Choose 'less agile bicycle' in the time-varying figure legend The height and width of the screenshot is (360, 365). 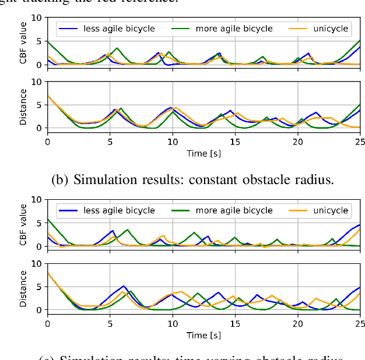120,210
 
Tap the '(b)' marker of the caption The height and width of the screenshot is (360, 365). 61,179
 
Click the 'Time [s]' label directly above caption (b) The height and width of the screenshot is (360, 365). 203,154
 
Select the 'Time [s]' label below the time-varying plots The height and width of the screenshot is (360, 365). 203,336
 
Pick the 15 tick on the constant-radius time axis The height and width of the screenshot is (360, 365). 235,142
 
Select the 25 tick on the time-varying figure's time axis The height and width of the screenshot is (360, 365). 360,323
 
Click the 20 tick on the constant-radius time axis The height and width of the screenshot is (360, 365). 297,142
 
